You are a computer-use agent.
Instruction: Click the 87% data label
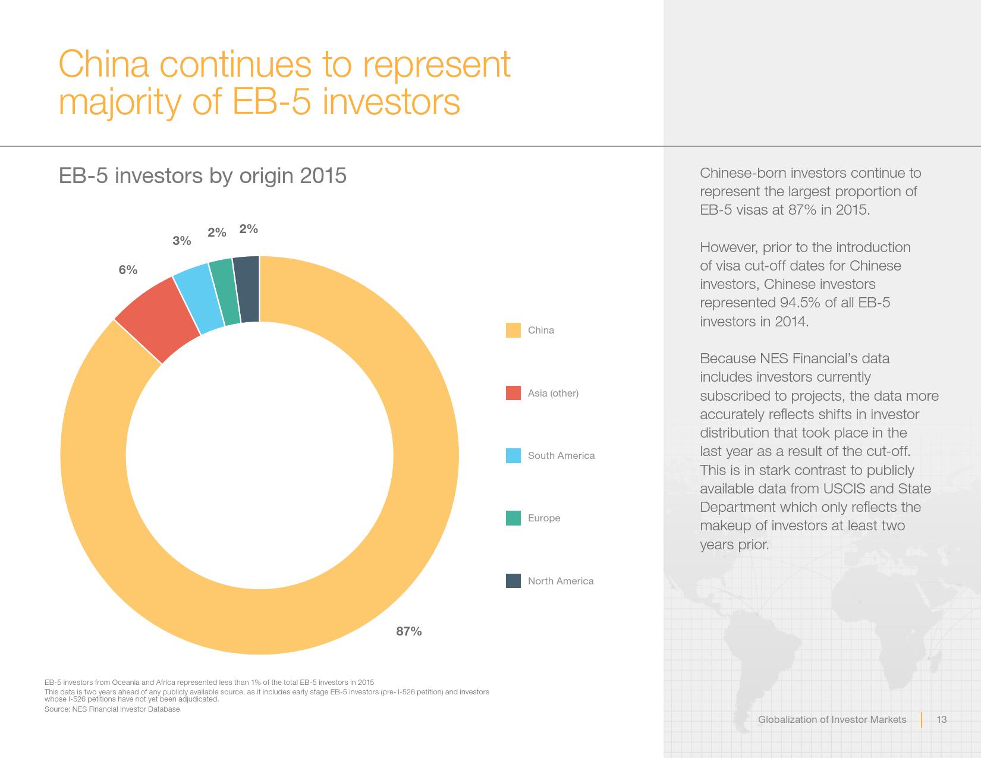tap(409, 631)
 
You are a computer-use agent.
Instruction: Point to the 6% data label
tap(128, 270)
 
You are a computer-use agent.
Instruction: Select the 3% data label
tap(182, 241)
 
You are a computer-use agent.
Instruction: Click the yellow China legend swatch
tap(513, 331)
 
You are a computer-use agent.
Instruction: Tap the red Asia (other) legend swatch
tap(513, 393)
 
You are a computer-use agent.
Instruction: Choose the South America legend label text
tap(561, 456)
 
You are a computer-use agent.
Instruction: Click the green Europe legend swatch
tap(513, 518)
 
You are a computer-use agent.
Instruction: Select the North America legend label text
tap(560, 581)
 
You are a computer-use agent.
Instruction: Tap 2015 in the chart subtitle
tap(323, 176)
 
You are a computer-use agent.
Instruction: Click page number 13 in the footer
tap(941, 720)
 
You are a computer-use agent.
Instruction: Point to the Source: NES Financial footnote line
tap(112, 709)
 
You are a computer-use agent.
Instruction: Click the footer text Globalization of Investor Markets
tap(832, 720)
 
